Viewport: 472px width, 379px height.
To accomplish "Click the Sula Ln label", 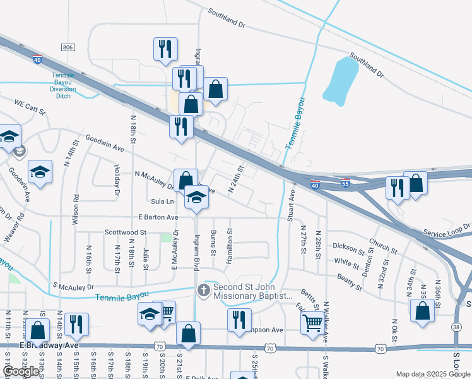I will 162,202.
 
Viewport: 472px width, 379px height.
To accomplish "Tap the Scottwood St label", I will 126,232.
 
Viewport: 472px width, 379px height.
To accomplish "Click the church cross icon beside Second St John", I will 203,291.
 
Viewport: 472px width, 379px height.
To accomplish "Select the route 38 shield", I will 456,327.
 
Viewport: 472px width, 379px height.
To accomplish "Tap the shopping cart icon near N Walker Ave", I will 312,323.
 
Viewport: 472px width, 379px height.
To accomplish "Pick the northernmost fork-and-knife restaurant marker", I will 165,49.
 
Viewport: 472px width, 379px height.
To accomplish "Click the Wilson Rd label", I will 76,205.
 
